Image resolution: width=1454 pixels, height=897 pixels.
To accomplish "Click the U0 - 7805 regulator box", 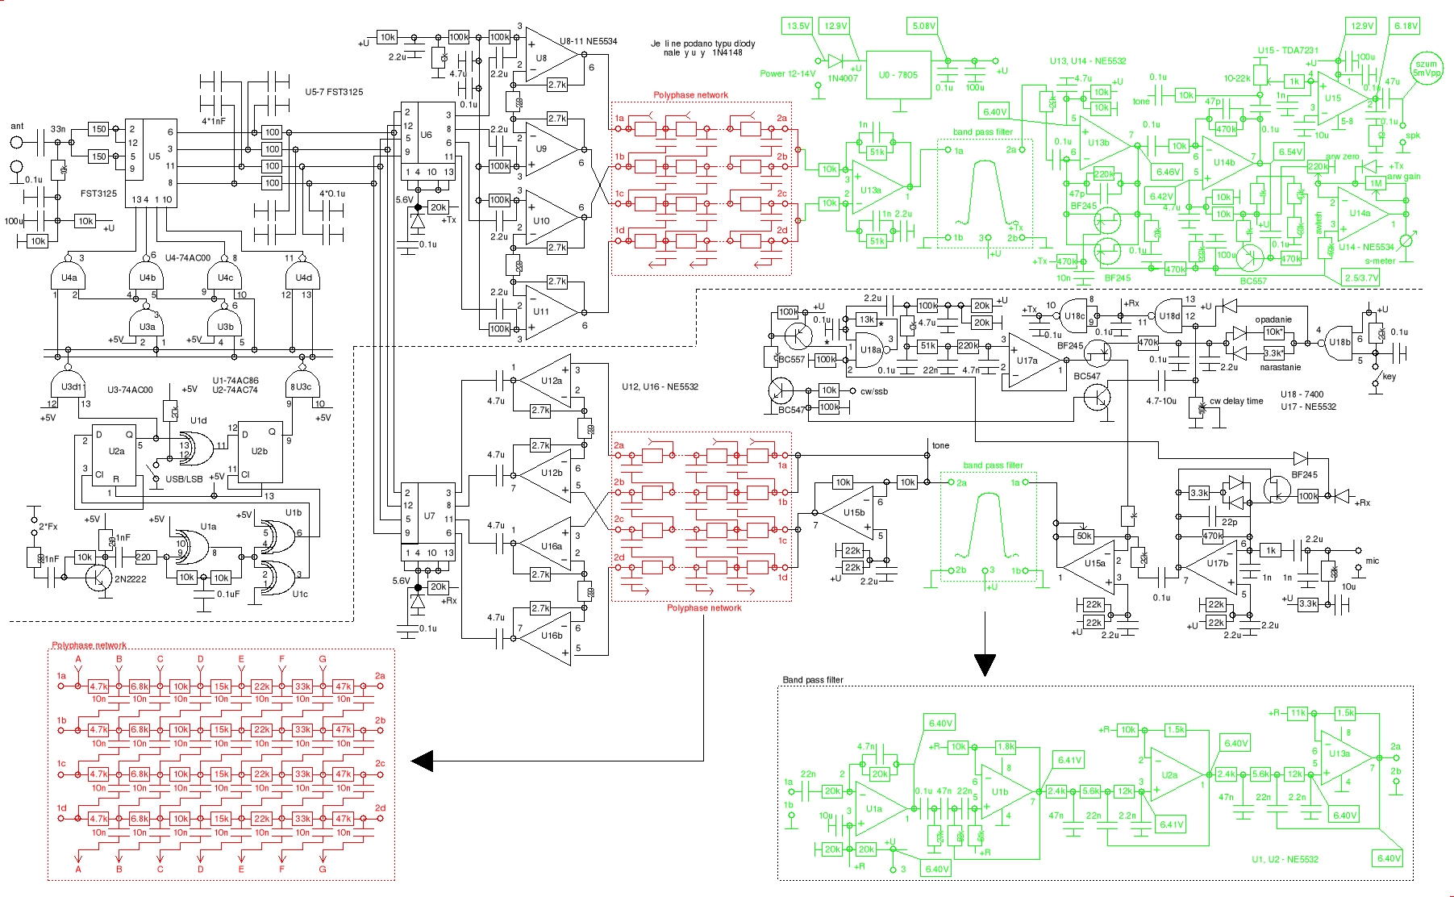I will tap(898, 75).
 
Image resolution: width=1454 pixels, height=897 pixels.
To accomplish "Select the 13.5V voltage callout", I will tap(798, 26).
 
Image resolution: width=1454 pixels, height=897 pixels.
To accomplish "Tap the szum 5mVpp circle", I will tap(1426, 69).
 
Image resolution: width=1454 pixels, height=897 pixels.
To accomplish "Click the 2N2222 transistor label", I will tap(130, 578).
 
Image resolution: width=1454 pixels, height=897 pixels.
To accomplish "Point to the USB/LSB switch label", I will tap(184, 479).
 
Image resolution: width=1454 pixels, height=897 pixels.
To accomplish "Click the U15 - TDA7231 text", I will tap(1288, 50).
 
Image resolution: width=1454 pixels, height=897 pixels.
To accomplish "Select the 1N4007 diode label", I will tap(844, 78).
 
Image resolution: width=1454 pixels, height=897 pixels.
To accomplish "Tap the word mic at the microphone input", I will tap(1372, 561).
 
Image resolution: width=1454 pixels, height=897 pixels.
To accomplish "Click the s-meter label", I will tap(1380, 261).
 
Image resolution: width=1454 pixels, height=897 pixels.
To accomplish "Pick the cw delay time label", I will tap(1236, 401).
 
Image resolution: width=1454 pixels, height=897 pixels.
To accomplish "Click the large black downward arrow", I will tap(985, 663).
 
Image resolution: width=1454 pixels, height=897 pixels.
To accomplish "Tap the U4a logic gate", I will tap(69, 277).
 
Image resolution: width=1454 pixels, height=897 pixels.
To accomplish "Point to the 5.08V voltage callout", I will tap(923, 26).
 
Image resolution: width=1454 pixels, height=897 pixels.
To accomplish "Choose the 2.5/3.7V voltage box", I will tap(1361, 278).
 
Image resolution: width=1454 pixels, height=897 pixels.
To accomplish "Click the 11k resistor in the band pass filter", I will tap(1298, 713).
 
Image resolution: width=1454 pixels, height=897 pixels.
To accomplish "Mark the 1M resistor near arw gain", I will tap(1375, 183).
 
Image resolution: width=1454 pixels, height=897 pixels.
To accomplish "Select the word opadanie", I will tap(1273, 319).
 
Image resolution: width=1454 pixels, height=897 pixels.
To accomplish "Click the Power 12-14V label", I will tap(787, 73).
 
